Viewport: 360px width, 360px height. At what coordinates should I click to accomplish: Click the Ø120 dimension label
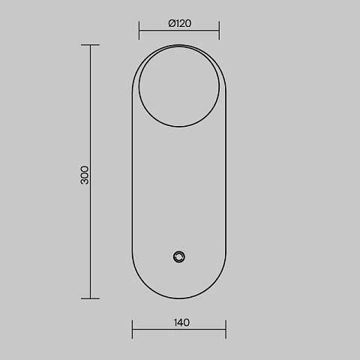click(180, 23)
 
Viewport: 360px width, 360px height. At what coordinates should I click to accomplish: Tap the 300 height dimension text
click(85, 175)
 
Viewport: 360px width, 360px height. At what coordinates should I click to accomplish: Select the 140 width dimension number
click(181, 322)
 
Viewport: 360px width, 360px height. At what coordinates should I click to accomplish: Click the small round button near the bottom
click(179, 257)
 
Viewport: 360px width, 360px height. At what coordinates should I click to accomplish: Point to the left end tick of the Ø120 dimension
click(139, 30)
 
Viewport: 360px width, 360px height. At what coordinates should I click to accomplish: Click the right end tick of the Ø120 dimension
click(219, 30)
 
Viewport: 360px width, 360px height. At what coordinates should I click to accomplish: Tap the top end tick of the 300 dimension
click(90, 45)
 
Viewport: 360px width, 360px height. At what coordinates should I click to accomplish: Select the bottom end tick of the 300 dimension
click(90, 298)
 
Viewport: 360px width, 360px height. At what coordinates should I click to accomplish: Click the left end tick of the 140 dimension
click(133, 329)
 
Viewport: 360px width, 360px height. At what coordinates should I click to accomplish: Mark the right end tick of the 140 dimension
click(226, 329)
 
